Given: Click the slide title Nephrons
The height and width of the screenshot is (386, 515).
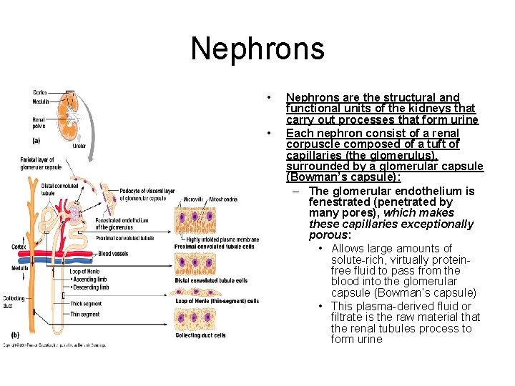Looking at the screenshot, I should (257, 49).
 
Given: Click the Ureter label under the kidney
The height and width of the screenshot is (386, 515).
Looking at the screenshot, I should (79, 146).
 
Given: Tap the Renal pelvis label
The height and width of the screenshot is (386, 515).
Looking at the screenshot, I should (39, 124).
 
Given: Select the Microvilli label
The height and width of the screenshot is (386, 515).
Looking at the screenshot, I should (192, 199).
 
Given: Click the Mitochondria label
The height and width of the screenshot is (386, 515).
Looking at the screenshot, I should (223, 199).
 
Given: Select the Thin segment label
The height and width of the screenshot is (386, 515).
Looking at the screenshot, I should (84, 314).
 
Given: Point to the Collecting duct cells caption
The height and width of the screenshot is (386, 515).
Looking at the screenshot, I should (200, 335).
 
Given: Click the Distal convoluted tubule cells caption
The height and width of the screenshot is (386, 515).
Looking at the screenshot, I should (211, 281).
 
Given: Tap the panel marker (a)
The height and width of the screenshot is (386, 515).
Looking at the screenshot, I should (36, 140).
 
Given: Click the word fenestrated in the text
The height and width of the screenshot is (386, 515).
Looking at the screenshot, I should (338, 202).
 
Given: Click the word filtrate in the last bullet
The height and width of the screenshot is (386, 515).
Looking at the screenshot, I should (346, 317).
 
